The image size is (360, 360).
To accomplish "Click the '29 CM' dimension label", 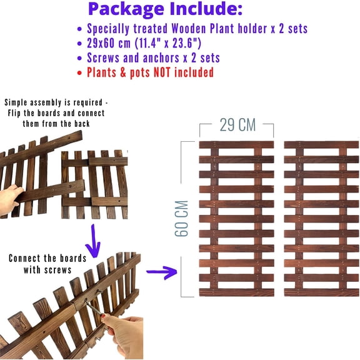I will [x=237, y=124].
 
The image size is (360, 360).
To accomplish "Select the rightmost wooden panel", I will [x=321, y=218].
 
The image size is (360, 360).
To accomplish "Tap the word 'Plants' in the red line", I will [x=102, y=72].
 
